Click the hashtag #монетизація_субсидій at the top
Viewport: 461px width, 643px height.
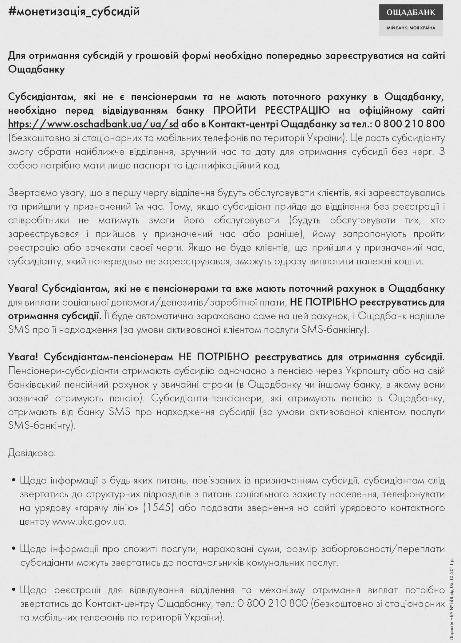74,12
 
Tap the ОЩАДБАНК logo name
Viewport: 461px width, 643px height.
411,12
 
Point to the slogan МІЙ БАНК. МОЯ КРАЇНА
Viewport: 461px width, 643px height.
411,28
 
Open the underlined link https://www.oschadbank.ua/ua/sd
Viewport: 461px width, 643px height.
93,124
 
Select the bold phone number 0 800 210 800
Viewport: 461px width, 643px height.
410,124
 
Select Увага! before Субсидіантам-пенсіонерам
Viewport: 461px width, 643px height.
23,357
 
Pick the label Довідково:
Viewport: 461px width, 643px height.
32,453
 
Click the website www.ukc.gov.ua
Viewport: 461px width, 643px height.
89,522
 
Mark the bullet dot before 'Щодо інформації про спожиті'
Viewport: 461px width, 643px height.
14,549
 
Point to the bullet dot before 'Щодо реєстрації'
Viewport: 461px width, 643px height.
14,590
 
